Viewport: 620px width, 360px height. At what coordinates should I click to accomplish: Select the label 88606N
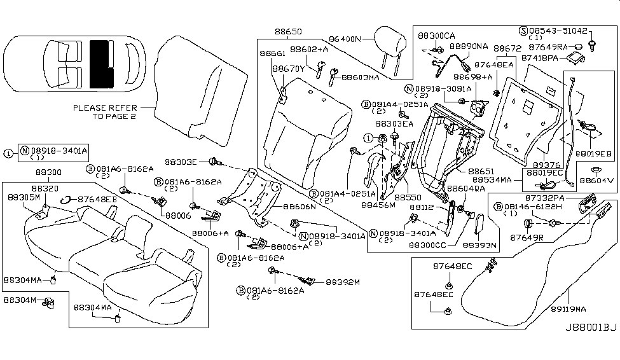pos(299,207)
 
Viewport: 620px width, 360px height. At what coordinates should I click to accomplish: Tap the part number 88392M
pos(343,282)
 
